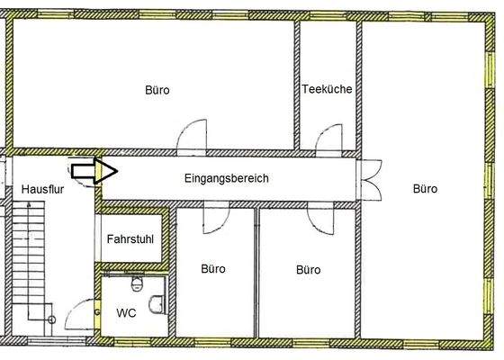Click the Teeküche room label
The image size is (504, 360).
tap(327, 90)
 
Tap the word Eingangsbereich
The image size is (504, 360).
tap(226, 179)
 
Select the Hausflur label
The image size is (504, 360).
tap(40, 189)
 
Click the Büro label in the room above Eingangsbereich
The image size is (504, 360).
tap(157, 90)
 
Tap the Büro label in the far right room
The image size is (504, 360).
tap(425, 189)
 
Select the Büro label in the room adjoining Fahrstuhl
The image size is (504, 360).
tap(213, 269)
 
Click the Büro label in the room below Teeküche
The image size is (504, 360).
tap(309, 269)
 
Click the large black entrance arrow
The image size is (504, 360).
tap(89, 168)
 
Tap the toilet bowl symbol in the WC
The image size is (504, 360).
tap(137, 285)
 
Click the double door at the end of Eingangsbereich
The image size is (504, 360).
tap(370, 178)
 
